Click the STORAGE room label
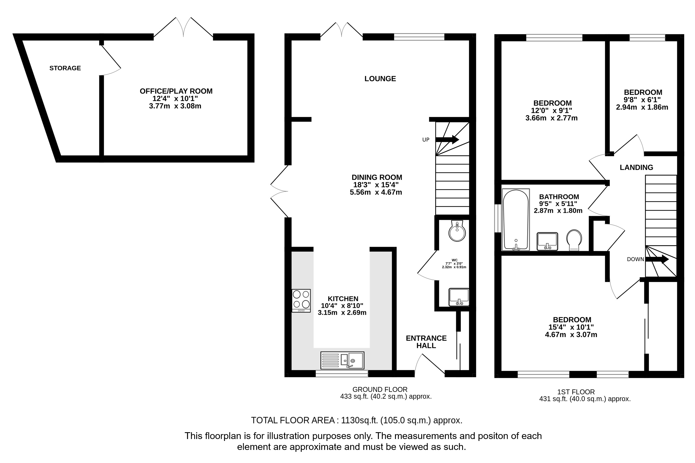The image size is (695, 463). pos(65,68)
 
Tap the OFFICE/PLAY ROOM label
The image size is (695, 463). pos(176,91)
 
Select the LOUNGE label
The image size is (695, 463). pos(380,78)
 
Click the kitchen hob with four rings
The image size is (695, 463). pos(301,301)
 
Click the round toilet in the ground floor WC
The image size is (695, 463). pos(457,231)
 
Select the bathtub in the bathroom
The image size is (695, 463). pos(516,219)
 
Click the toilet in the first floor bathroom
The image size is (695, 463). pos(574,240)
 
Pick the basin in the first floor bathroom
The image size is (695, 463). pos(547,241)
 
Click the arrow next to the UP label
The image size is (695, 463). pos(447,140)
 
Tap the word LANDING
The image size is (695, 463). pos(636,167)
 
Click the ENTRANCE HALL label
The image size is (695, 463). pos(426,342)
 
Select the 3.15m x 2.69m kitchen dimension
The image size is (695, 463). pos(342,312)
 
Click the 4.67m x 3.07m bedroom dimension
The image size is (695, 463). pos(571,335)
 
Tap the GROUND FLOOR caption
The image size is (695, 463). pos(380,389)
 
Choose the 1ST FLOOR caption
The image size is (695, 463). pos(576,392)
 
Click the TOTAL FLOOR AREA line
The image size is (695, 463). pos(357,420)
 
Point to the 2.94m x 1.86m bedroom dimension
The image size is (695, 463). pos(642,107)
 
